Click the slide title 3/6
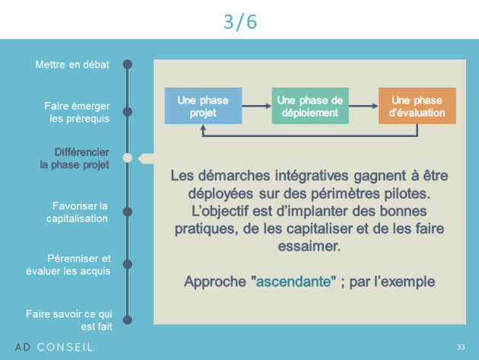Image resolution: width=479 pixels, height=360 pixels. point(240,22)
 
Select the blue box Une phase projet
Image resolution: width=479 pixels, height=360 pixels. point(203,106)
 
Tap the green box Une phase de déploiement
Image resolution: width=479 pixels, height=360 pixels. point(310,106)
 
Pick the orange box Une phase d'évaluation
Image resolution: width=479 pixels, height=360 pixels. point(417,106)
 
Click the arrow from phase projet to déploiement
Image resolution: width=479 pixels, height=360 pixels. point(257,106)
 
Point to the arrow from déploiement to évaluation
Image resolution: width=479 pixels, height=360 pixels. point(363,106)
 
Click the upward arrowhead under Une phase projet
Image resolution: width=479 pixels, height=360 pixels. point(203,128)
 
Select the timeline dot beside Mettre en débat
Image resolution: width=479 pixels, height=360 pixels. point(128,64)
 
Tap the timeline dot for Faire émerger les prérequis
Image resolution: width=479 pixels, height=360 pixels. point(128,112)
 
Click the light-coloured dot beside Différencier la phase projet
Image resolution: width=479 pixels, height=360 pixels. point(128,158)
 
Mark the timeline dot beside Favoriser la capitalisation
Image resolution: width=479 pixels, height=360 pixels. point(128,212)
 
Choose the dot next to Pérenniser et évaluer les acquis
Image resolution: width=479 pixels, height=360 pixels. point(128,264)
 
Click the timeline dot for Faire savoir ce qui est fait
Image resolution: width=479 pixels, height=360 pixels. point(128,320)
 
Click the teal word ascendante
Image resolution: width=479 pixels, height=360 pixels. point(293,282)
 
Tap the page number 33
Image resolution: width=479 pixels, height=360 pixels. point(461,347)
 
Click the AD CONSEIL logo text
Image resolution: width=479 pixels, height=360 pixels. point(54,347)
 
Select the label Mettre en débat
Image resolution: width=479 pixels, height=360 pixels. point(72,65)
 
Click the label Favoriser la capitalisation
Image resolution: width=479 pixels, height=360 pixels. point(77,212)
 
